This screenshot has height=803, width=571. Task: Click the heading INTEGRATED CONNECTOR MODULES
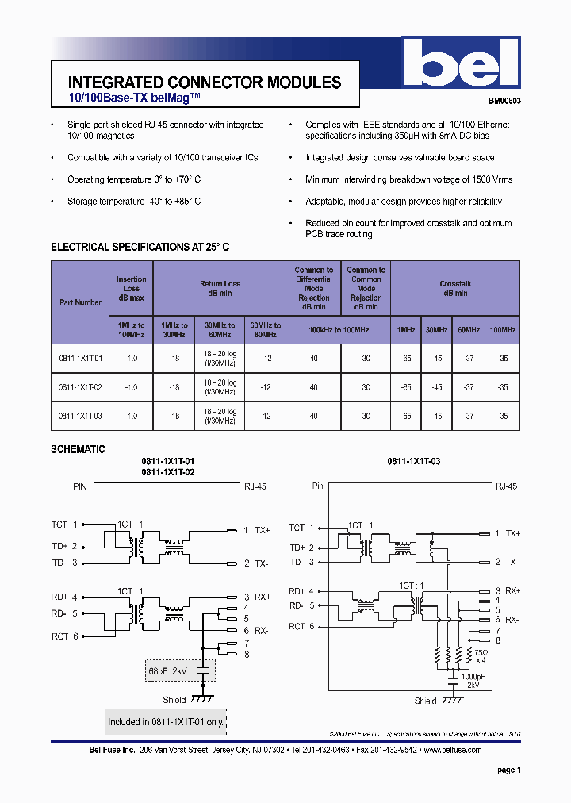205,83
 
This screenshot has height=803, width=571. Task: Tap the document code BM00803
504,102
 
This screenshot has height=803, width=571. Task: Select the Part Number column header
80,302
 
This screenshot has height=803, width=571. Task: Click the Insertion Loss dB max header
132,288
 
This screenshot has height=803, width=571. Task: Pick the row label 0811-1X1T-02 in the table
80,387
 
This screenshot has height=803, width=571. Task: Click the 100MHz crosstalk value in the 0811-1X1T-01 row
503,359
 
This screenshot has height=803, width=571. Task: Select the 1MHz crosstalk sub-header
406,329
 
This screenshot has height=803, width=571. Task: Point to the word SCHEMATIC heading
78,449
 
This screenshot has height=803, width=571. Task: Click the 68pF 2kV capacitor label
167,671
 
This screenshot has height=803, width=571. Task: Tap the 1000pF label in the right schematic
473,675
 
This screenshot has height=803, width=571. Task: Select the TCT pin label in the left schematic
59,524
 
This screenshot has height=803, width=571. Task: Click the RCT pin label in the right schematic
297,627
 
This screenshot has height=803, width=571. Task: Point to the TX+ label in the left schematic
262,530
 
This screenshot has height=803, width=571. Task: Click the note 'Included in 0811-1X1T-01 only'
166,722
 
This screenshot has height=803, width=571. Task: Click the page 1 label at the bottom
509,770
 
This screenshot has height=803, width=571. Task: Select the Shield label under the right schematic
425,701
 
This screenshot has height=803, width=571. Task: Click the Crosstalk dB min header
455,288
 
